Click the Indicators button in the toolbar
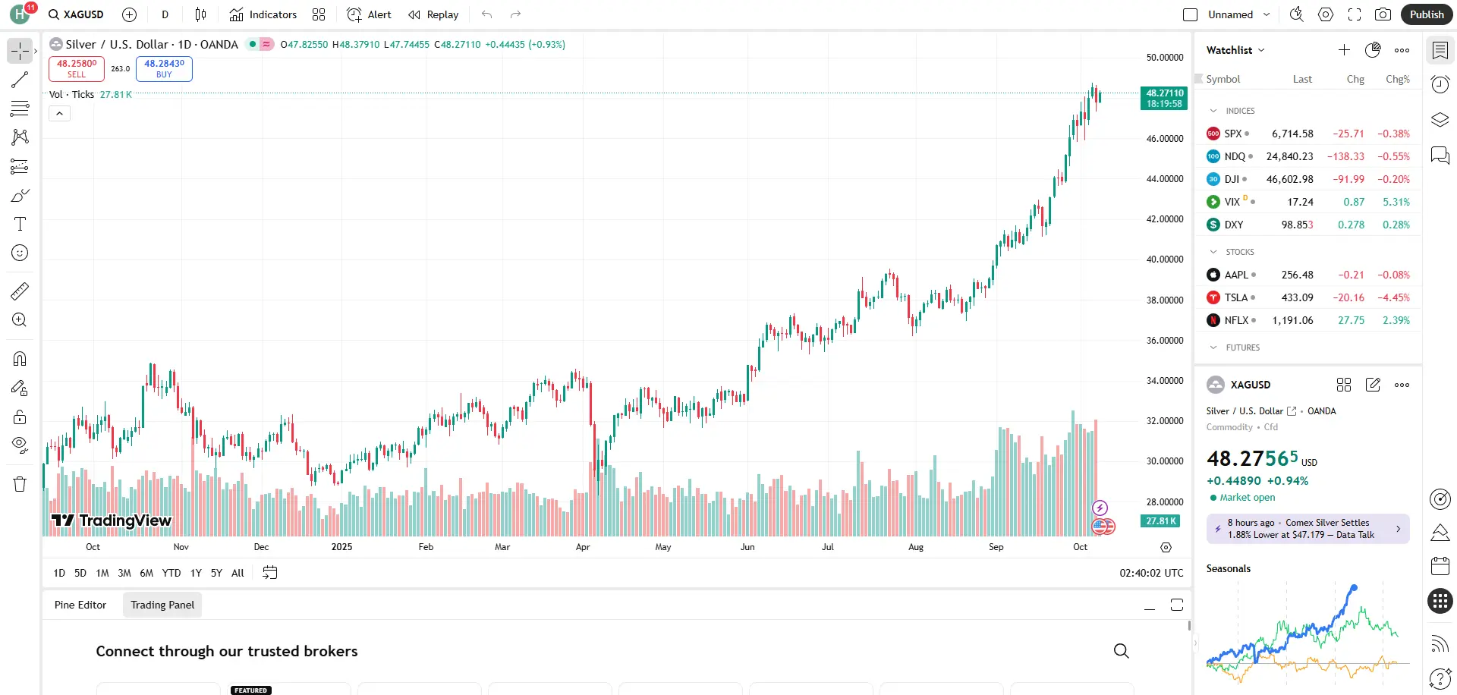click(x=263, y=14)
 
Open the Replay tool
click(x=433, y=14)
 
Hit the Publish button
click(x=1426, y=14)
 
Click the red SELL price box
click(x=77, y=68)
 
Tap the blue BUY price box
click(x=164, y=68)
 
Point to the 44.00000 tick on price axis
click(x=1164, y=179)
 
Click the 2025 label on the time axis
click(x=341, y=547)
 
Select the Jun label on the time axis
click(x=747, y=547)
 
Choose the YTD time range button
click(x=172, y=574)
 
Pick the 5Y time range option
click(x=216, y=574)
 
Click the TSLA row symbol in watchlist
click(x=1235, y=297)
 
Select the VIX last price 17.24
click(x=1300, y=202)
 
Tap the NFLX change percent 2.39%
click(x=1396, y=320)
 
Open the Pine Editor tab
click(x=80, y=605)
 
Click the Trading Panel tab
click(x=162, y=605)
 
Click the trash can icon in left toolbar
click(x=20, y=484)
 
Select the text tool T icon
click(x=20, y=224)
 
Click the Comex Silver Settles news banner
click(x=1307, y=529)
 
